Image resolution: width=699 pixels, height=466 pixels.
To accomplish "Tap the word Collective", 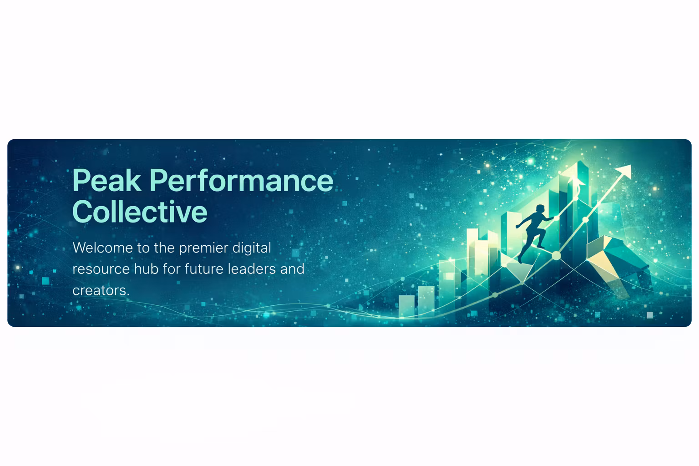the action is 140,212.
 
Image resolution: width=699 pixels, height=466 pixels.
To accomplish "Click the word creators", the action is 101,291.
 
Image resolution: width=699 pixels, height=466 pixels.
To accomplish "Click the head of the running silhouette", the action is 540,209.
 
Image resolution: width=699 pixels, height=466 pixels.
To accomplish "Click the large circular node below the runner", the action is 556,256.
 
